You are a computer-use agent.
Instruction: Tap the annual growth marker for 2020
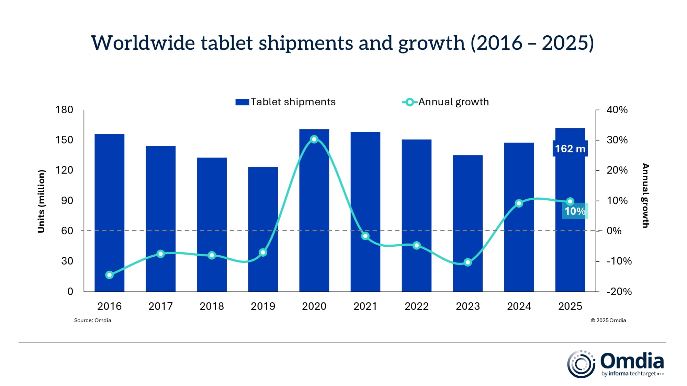tap(314, 139)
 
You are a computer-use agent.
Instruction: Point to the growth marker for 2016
tap(110, 275)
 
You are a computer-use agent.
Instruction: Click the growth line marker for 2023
tap(468, 262)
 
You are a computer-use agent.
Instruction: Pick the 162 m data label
tap(570, 149)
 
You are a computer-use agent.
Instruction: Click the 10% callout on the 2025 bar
tap(575, 211)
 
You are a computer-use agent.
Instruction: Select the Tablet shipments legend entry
tap(285, 102)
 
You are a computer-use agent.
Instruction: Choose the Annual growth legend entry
tap(446, 102)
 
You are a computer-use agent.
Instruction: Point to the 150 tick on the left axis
tap(64, 140)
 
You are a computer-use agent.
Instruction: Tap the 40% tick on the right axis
tap(617, 110)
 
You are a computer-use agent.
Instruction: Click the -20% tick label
tap(619, 292)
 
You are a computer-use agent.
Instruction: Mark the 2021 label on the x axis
tap(365, 306)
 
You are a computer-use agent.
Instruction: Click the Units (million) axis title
tap(41, 201)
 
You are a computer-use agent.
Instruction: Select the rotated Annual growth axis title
tap(645, 196)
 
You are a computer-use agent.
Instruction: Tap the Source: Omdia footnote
tap(92, 320)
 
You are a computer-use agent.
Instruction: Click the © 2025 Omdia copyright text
tap(608, 320)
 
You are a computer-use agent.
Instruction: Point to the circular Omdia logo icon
tap(581, 364)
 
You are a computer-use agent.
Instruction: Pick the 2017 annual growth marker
tap(160, 254)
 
